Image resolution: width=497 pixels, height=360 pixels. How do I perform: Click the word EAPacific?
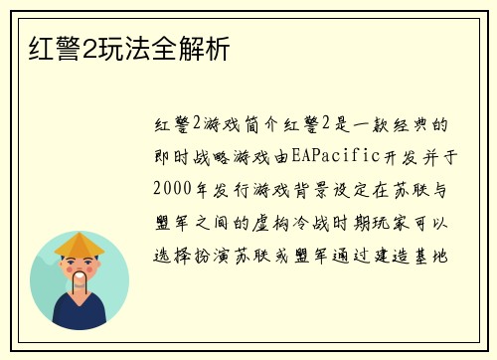click(346, 156)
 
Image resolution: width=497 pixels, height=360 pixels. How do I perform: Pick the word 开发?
click(402, 156)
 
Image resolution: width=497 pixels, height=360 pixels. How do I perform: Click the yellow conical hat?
click(79, 244)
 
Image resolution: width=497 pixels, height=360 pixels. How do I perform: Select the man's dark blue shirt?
click(80, 316)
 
